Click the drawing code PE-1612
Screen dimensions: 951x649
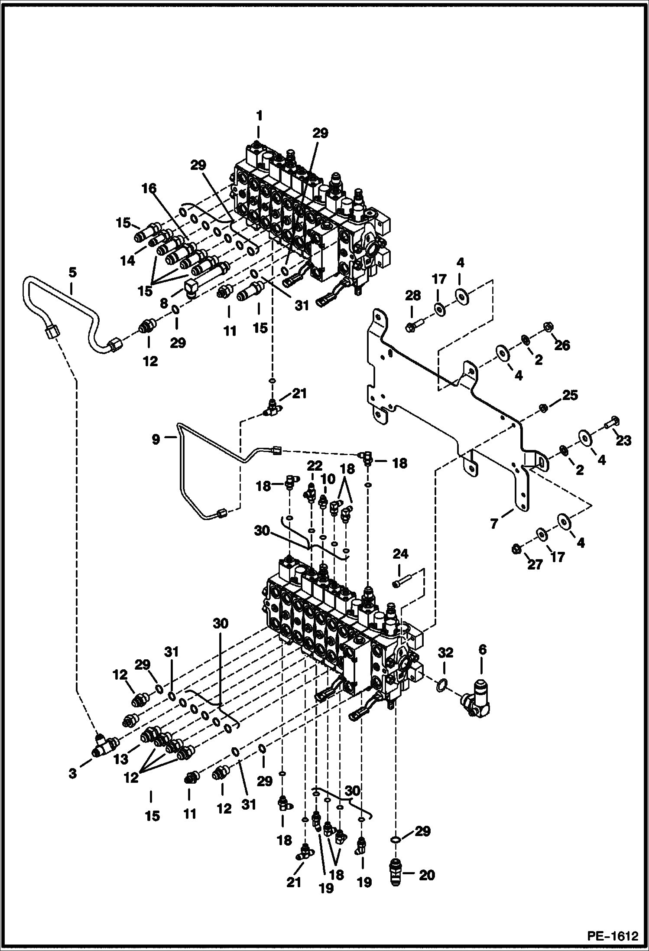[x=613, y=936]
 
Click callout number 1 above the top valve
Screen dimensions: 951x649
[x=259, y=116]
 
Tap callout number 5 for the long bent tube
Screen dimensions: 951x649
[x=72, y=273]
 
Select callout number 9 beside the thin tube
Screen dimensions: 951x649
[x=156, y=439]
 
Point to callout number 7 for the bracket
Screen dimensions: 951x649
[x=494, y=524]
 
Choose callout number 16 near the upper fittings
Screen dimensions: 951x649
[x=148, y=188]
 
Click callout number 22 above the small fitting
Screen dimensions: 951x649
[x=315, y=466]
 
